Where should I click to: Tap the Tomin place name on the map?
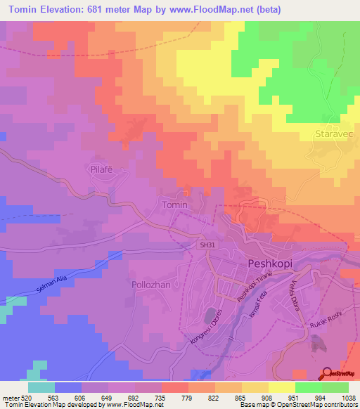175,204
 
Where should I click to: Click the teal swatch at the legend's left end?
41,387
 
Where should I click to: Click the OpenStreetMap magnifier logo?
328,373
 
